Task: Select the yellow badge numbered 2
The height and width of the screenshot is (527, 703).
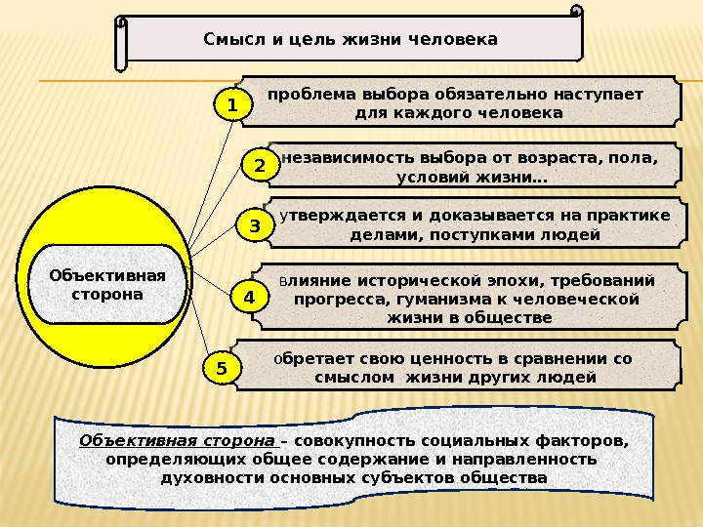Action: tap(260, 167)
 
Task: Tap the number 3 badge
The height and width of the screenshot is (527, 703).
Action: tap(255, 226)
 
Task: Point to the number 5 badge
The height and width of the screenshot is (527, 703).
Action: tap(222, 369)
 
